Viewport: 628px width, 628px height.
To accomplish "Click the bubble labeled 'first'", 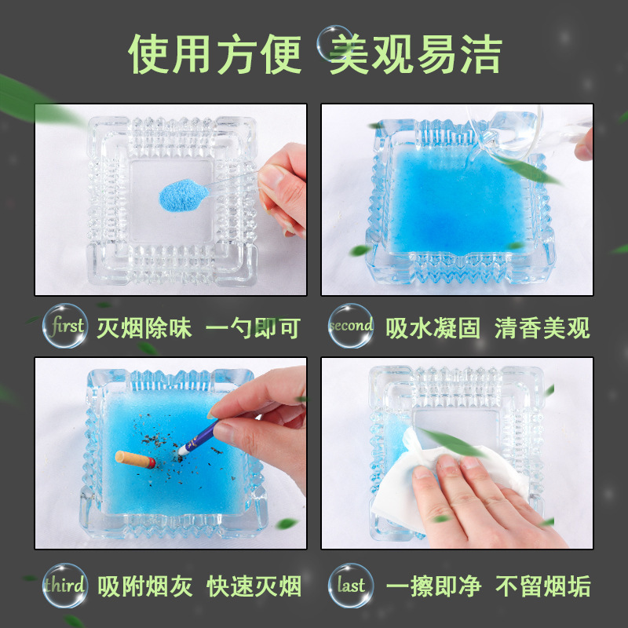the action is (x=65, y=325).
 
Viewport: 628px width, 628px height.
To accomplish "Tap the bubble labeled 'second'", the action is (x=351, y=325).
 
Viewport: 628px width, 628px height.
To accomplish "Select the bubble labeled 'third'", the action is (x=65, y=585).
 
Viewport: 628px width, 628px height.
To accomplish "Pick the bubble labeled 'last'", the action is (x=351, y=585).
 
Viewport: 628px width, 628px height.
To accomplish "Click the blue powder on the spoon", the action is (x=183, y=195).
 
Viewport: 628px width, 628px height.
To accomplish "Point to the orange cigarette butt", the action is (x=135, y=459).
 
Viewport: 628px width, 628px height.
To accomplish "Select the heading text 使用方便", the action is (x=214, y=54).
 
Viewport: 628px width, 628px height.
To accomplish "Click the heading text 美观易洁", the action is (x=415, y=54).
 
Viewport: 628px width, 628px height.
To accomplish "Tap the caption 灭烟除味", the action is (x=144, y=328).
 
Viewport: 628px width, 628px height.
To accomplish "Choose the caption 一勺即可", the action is (x=253, y=328).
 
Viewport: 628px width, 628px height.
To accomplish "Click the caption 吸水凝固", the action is (x=433, y=328).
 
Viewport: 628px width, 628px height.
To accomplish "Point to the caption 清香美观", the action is (x=542, y=328).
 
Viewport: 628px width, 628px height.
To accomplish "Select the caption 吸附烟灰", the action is (x=145, y=586).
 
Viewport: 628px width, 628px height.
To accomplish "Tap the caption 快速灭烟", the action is (x=254, y=586).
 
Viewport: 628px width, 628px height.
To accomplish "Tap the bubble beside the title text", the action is (x=335, y=43).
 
